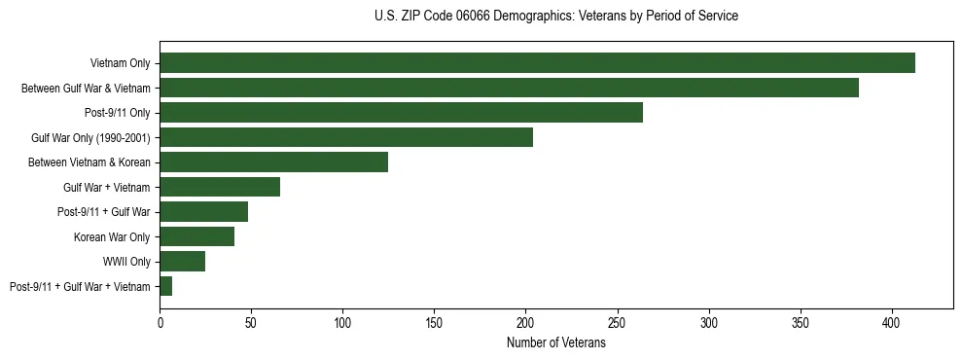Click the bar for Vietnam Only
[537, 63]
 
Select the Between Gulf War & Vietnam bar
[509, 88]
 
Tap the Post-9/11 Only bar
[401, 113]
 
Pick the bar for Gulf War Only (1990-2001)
[346, 137]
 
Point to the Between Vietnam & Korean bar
[273, 162]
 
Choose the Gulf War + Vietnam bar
[220, 187]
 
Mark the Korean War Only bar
[196, 236]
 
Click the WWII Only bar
[182, 261]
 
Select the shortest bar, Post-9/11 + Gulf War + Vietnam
[165, 286]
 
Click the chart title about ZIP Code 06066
[555, 17]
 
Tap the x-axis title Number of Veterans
[555, 343]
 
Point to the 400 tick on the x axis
[892, 321]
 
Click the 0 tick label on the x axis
[160, 321]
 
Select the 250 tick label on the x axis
[618, 321]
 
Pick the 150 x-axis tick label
[434, 321]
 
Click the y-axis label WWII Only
[126, 262]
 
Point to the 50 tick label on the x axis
[251, 321]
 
